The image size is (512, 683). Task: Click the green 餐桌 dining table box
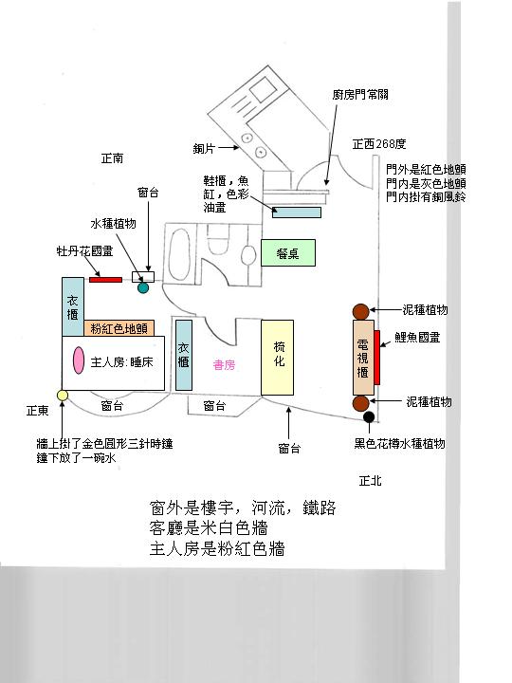(288, 252)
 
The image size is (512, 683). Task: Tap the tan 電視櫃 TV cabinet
(363, 358)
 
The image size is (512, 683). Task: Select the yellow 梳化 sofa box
(277, 358)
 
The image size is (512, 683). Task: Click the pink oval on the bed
(79, 360)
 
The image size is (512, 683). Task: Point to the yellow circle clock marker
(63, 395)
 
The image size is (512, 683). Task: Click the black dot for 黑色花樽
(369, 417)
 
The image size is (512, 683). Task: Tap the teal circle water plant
(143, 287)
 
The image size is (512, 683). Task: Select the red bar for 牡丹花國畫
(106, 280)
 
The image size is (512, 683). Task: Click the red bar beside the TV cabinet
(377, 358)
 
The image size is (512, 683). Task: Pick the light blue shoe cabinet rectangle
(297, 212)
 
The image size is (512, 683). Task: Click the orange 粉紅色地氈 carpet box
(119, 328)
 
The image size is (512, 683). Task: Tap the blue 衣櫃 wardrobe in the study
(184, 356)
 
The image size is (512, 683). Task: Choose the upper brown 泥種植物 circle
(360, 311)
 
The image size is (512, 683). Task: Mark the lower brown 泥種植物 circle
(360, 403)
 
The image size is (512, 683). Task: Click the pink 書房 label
(224, 364)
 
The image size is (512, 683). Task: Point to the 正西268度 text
(379, 144)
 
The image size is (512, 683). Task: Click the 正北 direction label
(370, 480)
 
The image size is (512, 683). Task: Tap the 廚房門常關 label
(360, 95)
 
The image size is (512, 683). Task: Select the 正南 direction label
(112, 158)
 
